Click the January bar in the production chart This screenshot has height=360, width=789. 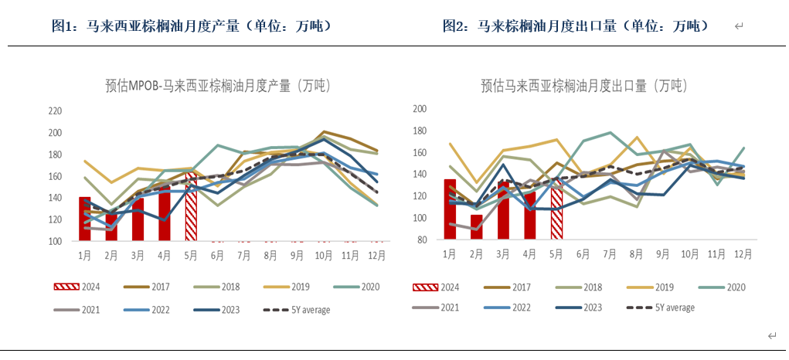[x=85, y=219]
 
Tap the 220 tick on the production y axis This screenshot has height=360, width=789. [x=55, y=111]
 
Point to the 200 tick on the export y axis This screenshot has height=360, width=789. [x=420, y=109]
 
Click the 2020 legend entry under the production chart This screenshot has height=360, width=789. [x=356, y=287]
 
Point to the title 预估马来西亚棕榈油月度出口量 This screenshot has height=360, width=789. [x=583, y=85]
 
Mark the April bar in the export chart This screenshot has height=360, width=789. [x=529, y=216]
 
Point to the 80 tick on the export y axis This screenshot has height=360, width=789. [x=422, y=239]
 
